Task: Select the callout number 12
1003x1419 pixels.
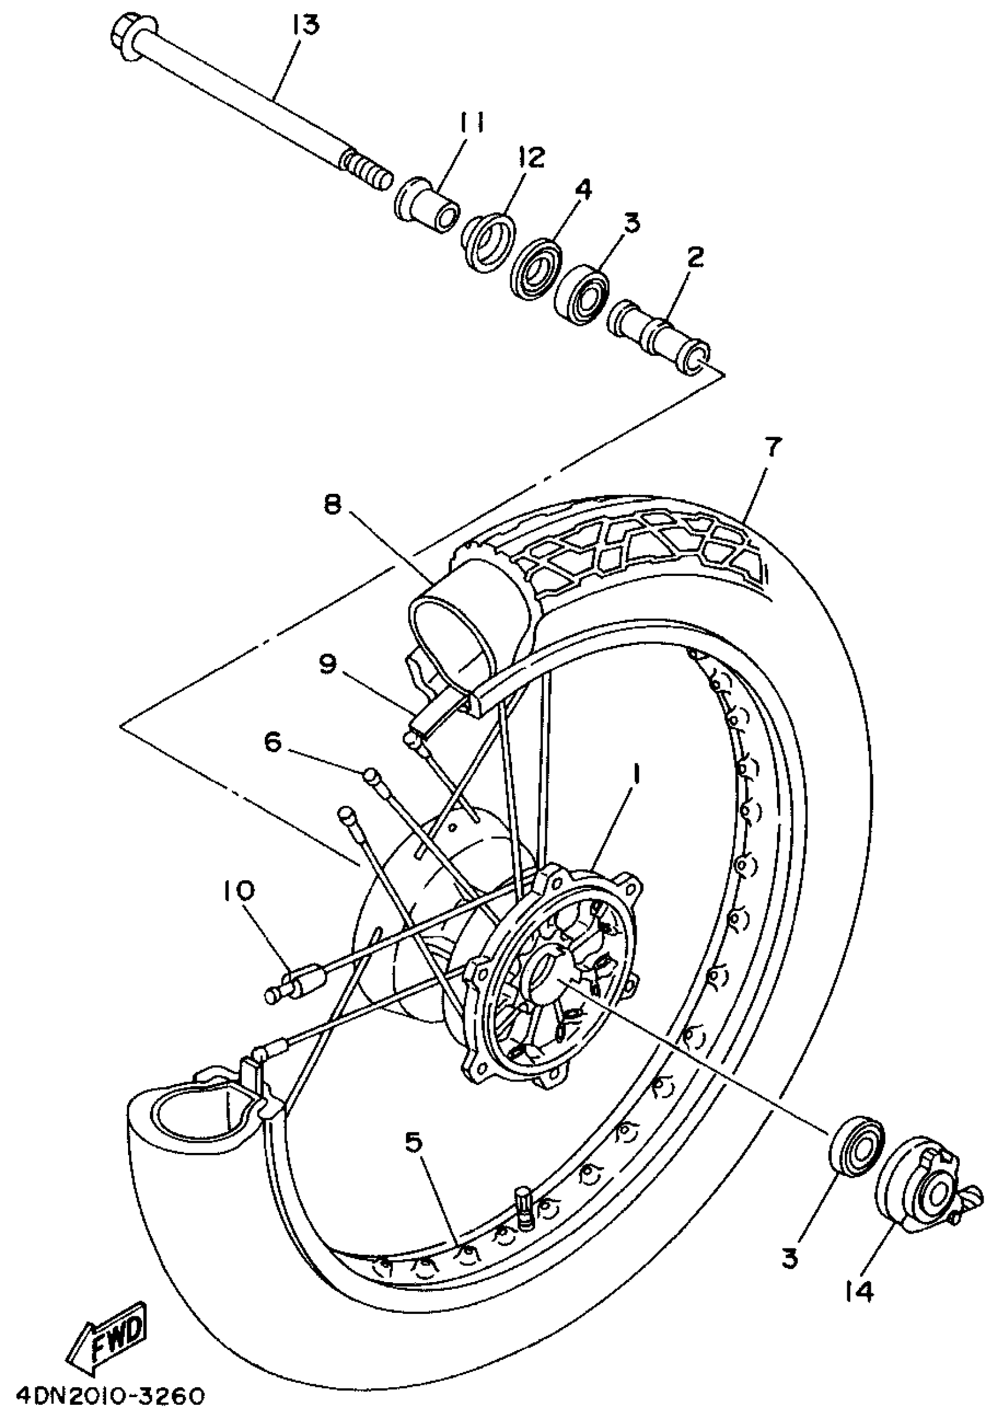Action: [532, 159]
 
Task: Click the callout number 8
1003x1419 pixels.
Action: [333, 505]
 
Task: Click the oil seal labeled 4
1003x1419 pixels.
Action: [536, 269]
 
